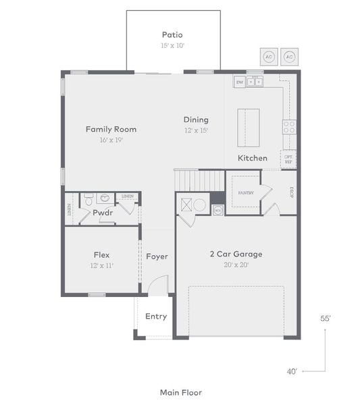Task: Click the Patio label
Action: coord(172,34)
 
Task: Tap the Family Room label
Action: coord(111,129)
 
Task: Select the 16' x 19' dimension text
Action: coord(111,140)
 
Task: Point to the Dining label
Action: coord(196,119)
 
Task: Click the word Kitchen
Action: coord(252,158)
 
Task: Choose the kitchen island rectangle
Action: coord(248,127)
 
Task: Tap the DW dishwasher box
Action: coord(239,82)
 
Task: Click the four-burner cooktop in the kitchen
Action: coord(288,127)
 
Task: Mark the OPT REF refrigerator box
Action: coord(288,159)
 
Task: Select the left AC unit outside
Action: coord(269,57)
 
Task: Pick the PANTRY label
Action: coord(245,192)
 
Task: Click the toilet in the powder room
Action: coord(88,200)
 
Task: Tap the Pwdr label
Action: coord(103,212)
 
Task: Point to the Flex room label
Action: coord(102,254)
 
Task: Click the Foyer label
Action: coord(157,256)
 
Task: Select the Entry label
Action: coord(156,317)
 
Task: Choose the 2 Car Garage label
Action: coord(236,254)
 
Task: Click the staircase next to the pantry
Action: coord(199,180)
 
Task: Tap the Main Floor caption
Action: coord(180,392)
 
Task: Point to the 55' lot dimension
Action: coord(325,317)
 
